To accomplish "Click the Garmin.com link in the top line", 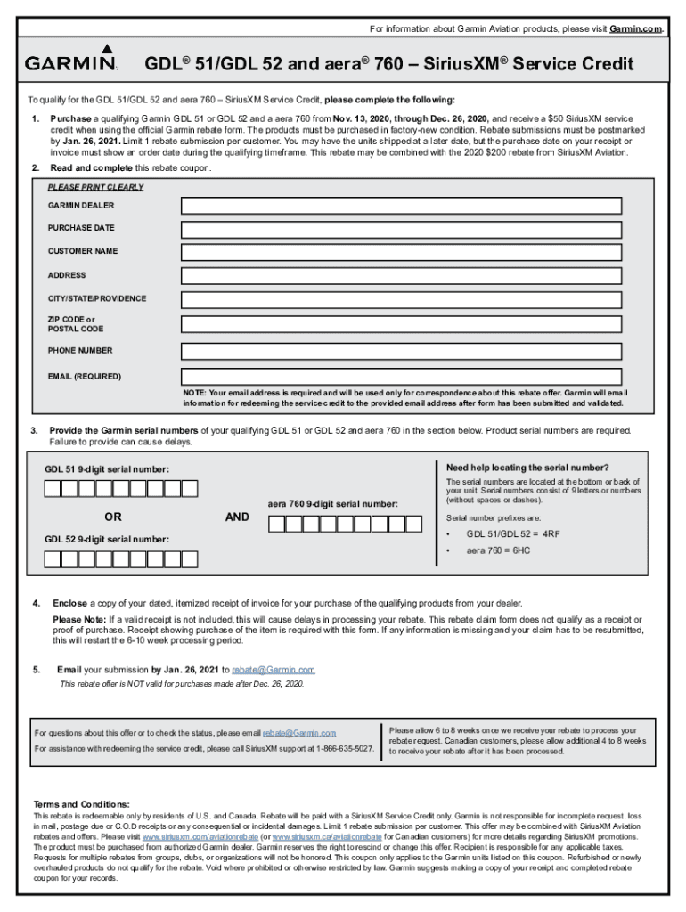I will pyautogui.click(x=636, y=29).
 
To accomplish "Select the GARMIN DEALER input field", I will pyautogui.click(x=400, y=206).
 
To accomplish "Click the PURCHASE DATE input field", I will pyautogui.click(x=400, y=229).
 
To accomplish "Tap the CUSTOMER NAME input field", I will pyautogui.click(x=400, y=252).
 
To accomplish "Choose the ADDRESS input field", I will pyautogui.click(x=400, y=276).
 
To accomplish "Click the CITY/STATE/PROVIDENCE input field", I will pyautogui.click(x=400, y=299).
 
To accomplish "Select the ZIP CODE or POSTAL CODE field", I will pyautogui.click(x=400, y=324).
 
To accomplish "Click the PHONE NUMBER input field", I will pyautogui.click(x=400, y=351).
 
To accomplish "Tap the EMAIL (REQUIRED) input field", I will pyautogui.click(x=400, y=376).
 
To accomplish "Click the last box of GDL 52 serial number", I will pyautogui.click(x=190, y=559).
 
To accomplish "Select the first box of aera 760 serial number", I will pyautogui.click(x=276, y=524).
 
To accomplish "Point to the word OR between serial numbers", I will pyautogui.click(x=113, y=517).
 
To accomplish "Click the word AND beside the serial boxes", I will pyautogui.click(x=237, y=517).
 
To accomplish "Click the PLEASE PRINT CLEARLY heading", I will pyautogui.click(x=95, y=187).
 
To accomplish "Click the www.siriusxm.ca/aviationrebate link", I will pyautogui.click(x=327, y=837).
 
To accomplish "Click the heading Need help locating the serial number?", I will pyautogui.click(x=527, y=468).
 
